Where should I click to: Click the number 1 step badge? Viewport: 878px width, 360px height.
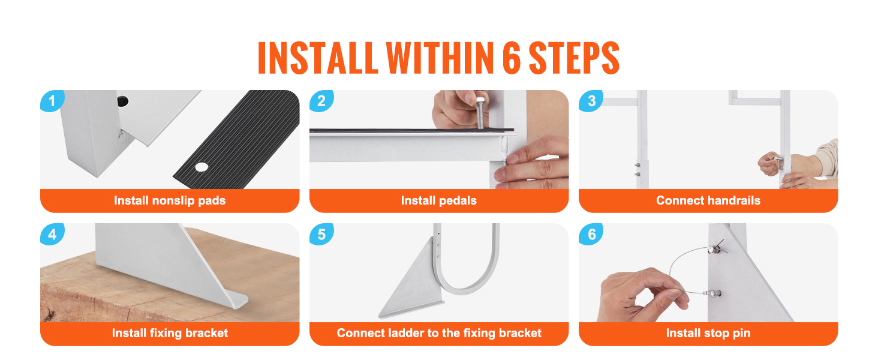click(52, 101)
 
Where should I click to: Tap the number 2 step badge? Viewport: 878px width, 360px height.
click(321, 101)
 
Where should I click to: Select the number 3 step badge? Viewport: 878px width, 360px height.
click(591, 101)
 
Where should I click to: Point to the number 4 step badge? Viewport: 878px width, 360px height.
click(52, 234)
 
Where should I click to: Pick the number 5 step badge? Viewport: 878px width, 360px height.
click(321, 234)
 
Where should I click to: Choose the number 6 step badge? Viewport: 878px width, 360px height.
click(591, 234)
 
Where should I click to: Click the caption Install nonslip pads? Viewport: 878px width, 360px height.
click(170, 200)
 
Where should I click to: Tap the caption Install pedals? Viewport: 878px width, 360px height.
click(438, 200)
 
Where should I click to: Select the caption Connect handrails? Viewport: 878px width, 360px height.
click(708, 200)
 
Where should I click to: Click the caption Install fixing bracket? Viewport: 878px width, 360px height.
click(170, 333)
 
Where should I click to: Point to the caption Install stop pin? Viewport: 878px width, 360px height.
click(708, 333)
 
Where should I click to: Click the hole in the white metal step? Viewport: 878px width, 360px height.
click(122, 100)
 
